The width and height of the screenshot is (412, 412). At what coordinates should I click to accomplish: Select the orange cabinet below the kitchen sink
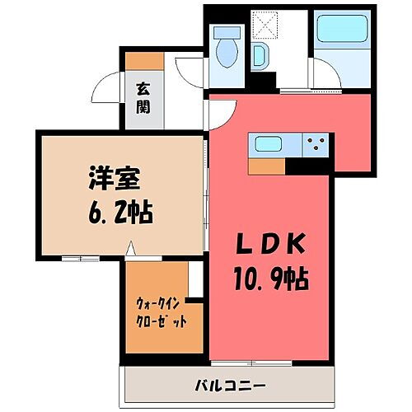(265, 165)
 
